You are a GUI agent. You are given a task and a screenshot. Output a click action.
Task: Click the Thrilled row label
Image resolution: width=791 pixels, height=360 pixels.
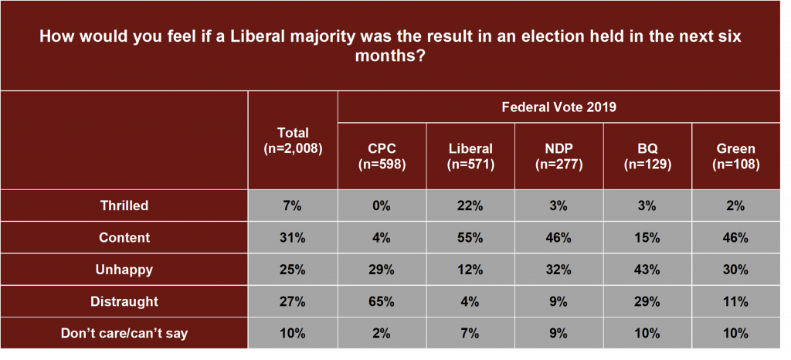pyautogui.click(x=124, y=206)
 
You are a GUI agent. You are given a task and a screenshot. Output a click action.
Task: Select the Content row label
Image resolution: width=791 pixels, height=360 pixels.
pyautogui.click(x=124, y=238)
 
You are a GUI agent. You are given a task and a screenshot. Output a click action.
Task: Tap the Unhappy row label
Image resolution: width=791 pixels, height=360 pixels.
pyautogui.click(x=124, y=270)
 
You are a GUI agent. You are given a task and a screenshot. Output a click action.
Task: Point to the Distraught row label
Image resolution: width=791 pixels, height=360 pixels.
pyautogui.click(x=124, y=301)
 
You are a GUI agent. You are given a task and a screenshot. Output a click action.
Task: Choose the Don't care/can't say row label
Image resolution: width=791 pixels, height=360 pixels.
pyautogui.click(x=124, y=333)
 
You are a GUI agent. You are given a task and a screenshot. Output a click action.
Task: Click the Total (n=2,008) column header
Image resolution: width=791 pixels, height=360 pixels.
pyautogui.click(x=293, y=140)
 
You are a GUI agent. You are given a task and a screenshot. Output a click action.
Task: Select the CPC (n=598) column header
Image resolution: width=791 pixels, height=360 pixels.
pyautogui.click(x=382, y=155)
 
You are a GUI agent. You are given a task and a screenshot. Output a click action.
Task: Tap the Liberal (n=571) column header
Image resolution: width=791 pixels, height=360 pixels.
pyautogui.click(x=470, y=155)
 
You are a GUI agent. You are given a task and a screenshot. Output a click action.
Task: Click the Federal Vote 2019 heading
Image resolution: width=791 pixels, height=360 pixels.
pyautogui.click(x=559, y=107)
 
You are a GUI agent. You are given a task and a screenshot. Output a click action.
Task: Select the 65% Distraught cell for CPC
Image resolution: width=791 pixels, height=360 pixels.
pyautogui.click(x=382, y=301)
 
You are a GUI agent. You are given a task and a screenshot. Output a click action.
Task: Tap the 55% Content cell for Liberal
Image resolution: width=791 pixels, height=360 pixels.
pyautogui.click(x=470, y=238)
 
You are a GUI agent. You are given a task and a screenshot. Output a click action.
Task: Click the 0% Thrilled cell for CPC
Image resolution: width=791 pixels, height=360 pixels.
pyautogui.click(x=382, y=206)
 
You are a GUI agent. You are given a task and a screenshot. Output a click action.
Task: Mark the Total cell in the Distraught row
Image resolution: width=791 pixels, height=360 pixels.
pyautogui.click(x=293, y=301)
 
